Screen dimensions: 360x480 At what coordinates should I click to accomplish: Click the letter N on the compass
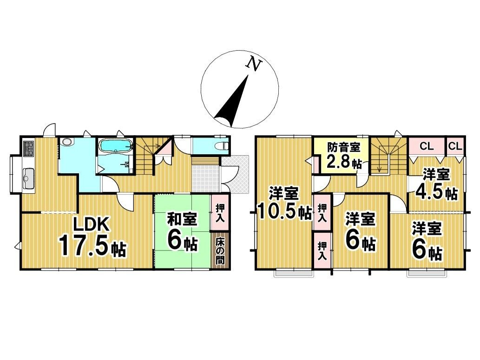click(254, 64)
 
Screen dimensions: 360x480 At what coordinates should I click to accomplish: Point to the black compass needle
click(232, 103)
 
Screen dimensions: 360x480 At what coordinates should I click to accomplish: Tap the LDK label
click(91, 225)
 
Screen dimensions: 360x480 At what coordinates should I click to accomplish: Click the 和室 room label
click(182, 219)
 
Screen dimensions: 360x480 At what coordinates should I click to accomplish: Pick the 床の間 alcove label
click(220, 251)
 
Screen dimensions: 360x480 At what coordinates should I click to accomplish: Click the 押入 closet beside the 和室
click(219, 213)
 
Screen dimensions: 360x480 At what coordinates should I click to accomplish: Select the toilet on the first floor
click(220, 146)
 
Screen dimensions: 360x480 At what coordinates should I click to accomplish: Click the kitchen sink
click(28, 177)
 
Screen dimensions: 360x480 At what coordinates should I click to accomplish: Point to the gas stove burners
click(28, 148)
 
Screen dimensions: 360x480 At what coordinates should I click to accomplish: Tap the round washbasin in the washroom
click(67, 142)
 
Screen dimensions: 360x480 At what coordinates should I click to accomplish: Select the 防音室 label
click(343, 148)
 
